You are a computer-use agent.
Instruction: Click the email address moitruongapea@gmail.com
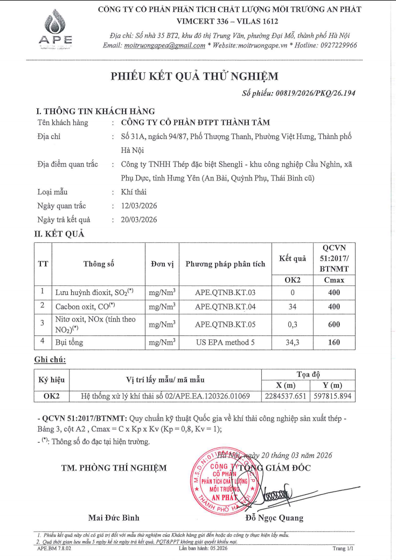tap(165, 46)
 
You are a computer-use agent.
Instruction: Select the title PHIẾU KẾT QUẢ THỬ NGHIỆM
tap(195, 76)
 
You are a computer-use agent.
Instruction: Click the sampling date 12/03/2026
tap(140, 206)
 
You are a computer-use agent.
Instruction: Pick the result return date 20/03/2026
tap(140, 220)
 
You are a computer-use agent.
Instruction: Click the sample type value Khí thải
tap(134, 192)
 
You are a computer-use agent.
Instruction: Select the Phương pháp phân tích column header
tap(225, 264)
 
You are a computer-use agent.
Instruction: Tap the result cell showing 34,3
tap(293, 342)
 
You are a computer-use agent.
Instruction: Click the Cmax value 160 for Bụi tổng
tap(334, 342)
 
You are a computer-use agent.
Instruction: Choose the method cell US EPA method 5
tap(225, 342)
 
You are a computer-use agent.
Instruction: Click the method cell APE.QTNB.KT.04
tap(225, 306)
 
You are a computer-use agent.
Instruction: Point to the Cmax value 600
tap(334, 324)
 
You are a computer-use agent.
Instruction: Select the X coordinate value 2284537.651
tap(286, 397)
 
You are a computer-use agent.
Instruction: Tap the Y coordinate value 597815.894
tap(332, 397)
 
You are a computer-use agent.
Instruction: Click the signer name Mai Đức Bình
tap(114, 518)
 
